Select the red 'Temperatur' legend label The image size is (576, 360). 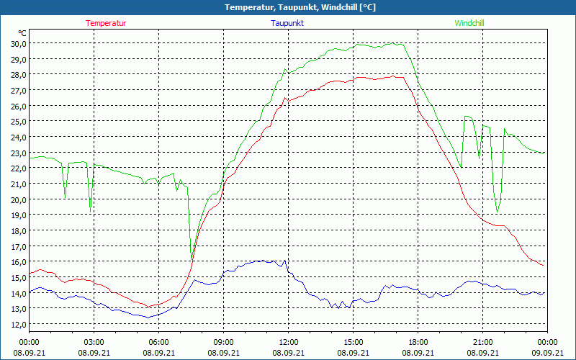coord(106,23)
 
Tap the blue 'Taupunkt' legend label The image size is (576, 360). coord(287,23)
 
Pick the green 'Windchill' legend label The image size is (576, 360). coord(469,23)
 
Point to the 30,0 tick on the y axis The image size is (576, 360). coord(19,43)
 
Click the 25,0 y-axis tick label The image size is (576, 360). coord(19,121)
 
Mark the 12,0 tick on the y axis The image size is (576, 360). coord(19,324)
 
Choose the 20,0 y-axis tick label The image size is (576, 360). coord(19,199)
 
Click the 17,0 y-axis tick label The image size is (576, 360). coord(19,246)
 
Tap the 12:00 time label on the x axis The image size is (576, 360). coord(288,342)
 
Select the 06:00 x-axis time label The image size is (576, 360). coord(158,342)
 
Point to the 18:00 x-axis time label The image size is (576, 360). coord(418,342)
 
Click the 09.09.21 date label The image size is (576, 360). coord(547,352)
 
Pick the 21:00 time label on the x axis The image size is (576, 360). coord(482,342)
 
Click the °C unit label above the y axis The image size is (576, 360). coord(22,33)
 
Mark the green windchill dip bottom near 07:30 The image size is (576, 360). coord(192,258)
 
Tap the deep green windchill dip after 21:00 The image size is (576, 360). coord(497,212)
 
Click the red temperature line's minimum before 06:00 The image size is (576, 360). coord(148,307)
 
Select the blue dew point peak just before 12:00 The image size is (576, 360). coord(285,261)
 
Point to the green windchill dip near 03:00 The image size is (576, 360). coord(91,208)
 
